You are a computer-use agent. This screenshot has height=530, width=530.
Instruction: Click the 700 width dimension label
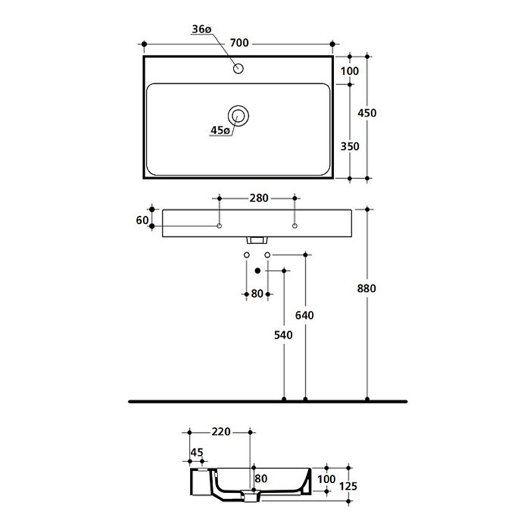tap(239, 44)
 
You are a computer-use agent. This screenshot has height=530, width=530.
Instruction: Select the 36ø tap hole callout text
tap(201, 29)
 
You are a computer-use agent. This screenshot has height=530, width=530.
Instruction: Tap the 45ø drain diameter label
tap(220, 131)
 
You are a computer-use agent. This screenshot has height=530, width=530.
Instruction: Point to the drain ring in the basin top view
tap(238, 116)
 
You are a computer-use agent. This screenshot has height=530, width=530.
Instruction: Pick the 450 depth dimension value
tap(366, 113)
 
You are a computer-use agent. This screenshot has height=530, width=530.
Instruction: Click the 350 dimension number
tap(349, 146)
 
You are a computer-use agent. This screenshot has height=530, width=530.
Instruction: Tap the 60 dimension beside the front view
tap(142, 220)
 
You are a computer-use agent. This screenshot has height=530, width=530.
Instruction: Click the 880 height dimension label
tap(366, 289)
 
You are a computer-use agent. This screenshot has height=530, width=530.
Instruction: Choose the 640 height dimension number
tap(304, 315)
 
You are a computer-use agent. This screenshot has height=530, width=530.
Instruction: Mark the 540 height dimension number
tap(283, 335)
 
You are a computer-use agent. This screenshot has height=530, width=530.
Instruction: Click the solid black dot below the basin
tap(258, 270)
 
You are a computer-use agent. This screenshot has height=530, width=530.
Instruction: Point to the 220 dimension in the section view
tap(221, 432)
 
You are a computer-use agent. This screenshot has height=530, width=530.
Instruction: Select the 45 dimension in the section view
tap(197, 453)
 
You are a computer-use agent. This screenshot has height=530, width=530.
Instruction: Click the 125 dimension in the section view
tap(347, 486)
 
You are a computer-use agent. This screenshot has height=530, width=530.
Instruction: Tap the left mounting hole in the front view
tap(219, 227)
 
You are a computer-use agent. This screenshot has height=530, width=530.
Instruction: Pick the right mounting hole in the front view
tap(295, 227)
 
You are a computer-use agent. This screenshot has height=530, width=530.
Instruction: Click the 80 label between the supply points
tap(257, 294)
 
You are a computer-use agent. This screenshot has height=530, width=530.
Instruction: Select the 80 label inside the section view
tap(260, 478)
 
